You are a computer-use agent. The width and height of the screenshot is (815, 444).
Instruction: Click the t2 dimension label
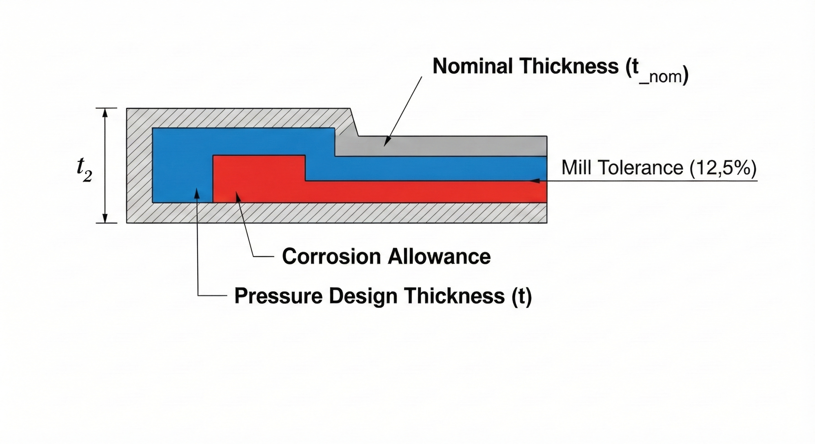coord(84,171)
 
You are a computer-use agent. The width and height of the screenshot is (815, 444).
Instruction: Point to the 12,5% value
coord(723,168)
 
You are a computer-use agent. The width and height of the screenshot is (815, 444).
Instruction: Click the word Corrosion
coord(331,256)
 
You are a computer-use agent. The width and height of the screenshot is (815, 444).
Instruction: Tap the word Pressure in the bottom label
coord(278,296)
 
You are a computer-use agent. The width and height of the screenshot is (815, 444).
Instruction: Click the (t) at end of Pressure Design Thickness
coord(521,296)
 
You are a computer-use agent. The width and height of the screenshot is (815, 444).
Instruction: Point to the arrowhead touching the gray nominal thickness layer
coord(386,142)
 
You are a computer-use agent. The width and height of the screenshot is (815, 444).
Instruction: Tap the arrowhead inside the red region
coord(237,196)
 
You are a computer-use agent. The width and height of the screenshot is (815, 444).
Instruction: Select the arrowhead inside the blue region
coord(197,193)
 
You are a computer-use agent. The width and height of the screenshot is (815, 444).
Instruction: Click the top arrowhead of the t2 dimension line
coord(105,112)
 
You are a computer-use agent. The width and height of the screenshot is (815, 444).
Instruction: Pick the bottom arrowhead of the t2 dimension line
coord(105,219)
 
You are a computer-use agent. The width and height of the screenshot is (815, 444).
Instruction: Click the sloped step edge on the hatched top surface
coord(354,122)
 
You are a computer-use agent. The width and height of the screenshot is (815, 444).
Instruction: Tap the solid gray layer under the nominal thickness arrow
coord(446,146)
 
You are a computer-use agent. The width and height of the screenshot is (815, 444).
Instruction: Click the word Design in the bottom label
coord(363,296)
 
